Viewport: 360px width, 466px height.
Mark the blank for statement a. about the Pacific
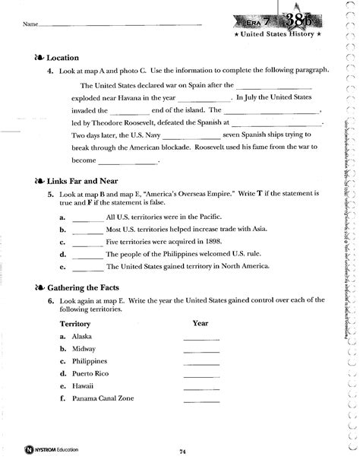87,217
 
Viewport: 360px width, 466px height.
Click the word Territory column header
75,323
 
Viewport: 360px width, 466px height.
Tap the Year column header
201,322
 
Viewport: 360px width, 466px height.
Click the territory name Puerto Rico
90,373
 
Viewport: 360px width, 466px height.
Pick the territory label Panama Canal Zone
99,399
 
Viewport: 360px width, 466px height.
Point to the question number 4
49,70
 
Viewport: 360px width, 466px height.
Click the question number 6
49,301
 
